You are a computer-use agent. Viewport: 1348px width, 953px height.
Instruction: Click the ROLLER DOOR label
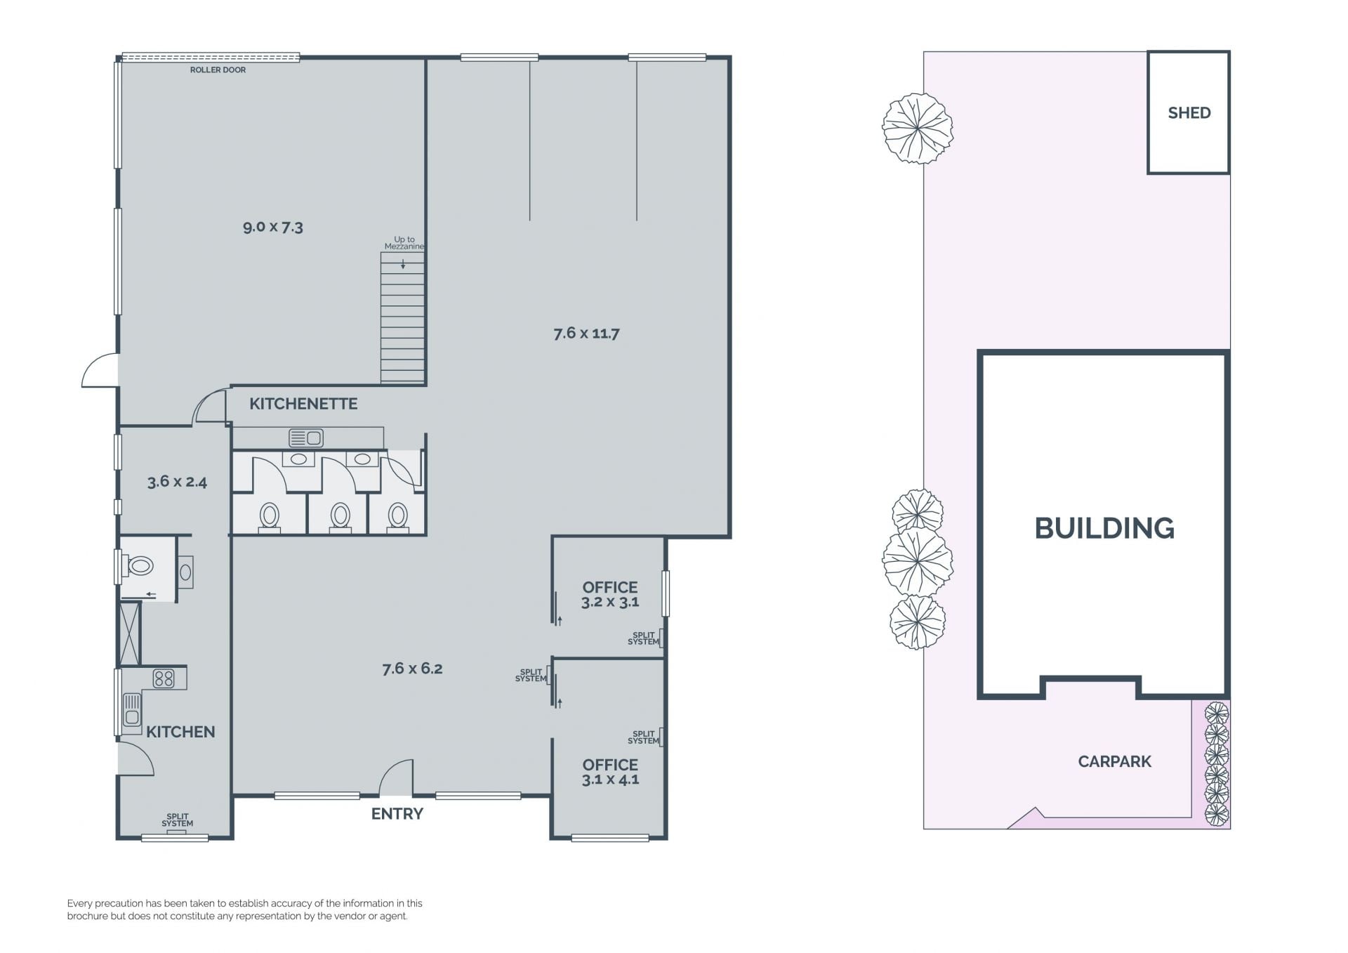pos(218,70)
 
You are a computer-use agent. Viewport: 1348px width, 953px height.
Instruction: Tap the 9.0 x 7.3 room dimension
pos(273,227)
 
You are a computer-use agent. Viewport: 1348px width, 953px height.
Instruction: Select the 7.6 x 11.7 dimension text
pos(586,333)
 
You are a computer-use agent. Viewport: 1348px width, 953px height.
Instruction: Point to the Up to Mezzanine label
pos(404,243)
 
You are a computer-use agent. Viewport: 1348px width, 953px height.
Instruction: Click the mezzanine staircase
pos(402,317)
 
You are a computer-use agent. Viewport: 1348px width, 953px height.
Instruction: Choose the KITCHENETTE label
pos(303,404)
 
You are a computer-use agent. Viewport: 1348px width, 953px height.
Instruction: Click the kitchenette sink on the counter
pos(306,438)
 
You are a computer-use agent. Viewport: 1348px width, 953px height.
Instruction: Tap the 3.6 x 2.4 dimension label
pos(177,482)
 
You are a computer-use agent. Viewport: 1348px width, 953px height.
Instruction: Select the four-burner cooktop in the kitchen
pos(164,678)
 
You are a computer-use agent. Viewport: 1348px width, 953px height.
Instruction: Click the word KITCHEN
pos(180,732)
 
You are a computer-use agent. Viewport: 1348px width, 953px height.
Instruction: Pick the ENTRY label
pos(397,814)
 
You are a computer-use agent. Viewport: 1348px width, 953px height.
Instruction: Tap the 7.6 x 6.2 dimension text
pos(412,669)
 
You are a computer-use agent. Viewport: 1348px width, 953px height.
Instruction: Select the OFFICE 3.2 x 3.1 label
pos(610,594)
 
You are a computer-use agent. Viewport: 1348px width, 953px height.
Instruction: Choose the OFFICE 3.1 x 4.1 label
pos(610,772)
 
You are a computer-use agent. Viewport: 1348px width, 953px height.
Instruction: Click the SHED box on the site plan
pos(1189,112)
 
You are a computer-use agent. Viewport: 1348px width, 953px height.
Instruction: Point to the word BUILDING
pos(1104,528)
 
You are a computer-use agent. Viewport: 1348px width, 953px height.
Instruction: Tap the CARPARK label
pos(1114,761)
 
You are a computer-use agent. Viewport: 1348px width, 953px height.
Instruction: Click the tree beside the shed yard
pos(918,129)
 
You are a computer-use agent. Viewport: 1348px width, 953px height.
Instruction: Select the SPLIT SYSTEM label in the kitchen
pos(177,820)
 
